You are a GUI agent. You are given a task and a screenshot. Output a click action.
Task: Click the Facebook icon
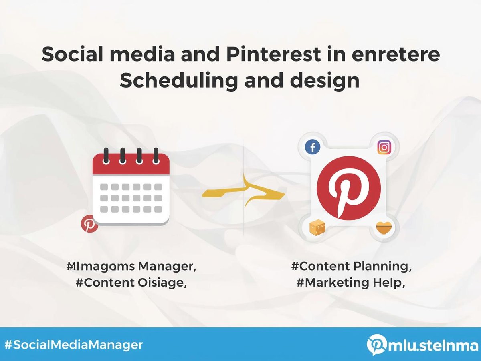(x=312, y=148)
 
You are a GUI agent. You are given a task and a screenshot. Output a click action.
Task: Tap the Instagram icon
(x=384, y=148)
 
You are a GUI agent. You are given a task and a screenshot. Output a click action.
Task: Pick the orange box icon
(x=317, y=228)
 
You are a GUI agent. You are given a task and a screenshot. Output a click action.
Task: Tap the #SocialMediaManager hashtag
(x=73, y=344)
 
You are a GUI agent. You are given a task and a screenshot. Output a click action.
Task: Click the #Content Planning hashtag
(x=352, y=266)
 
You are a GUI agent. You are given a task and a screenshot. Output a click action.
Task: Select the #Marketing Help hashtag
(x=350, y=283)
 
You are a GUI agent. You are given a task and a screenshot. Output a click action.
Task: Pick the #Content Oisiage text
(x=131, y=283)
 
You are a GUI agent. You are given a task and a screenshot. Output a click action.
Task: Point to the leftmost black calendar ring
(x=106, y=155)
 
